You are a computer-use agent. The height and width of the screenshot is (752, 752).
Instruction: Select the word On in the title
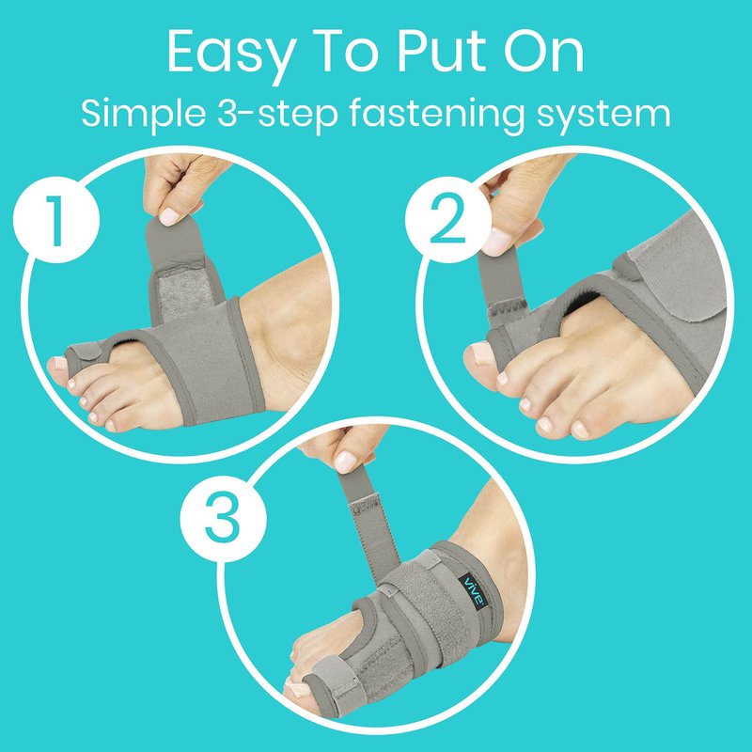(x=543, y=51)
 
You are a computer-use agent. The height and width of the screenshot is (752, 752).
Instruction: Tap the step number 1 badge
(x=56, y=220)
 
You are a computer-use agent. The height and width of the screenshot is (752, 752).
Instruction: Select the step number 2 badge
(x=448, y=220)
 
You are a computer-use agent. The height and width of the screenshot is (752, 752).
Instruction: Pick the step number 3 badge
(x=224, y=519)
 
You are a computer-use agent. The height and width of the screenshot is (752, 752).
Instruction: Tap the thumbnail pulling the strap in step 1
(x=169, y=216)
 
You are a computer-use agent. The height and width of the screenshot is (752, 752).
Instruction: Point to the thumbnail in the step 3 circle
(x=345, y=462)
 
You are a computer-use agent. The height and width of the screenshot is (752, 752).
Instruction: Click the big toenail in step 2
(x=480, y=353)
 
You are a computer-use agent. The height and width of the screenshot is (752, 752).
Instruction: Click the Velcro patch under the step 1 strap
(x=185, y=291)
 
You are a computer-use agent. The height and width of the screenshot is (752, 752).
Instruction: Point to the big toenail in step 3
(x=298, y=690)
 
